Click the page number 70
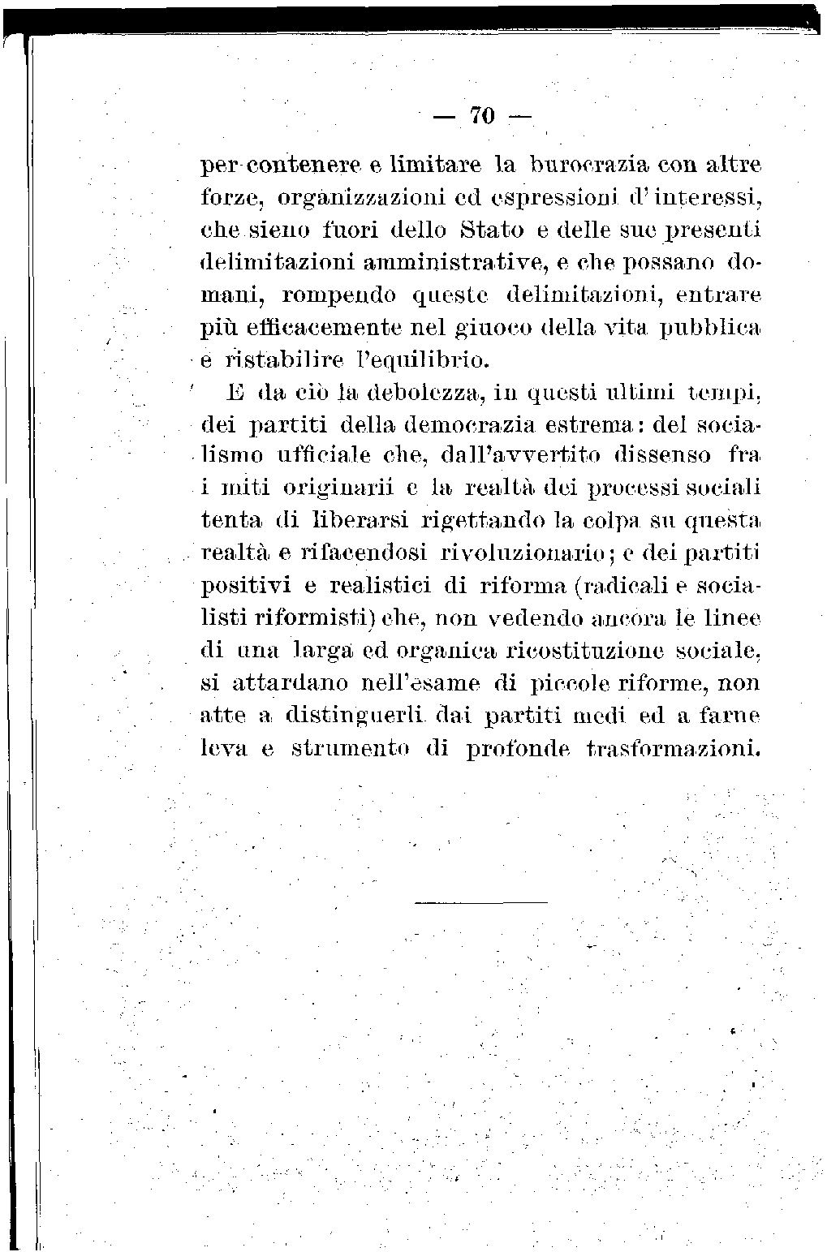pyautogui.click(x=480, y=117)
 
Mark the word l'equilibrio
pyautogui.click(x=421, y=359)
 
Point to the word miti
pyautogui.click(x=246, y=489)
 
